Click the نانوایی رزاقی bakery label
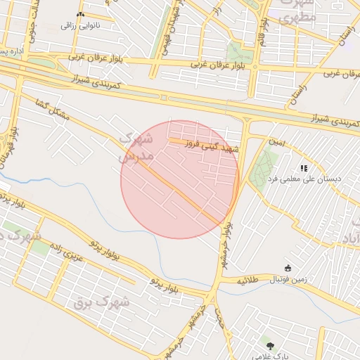click(79, 25)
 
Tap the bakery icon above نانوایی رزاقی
click(79, 15)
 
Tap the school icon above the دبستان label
click(304, 168)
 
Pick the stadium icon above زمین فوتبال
click(288, 268)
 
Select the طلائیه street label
click(249, 280)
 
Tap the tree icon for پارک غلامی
click(270, 344)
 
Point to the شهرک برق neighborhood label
click(102, 302)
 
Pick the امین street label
click(277, 142)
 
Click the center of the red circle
click(180, 179)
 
